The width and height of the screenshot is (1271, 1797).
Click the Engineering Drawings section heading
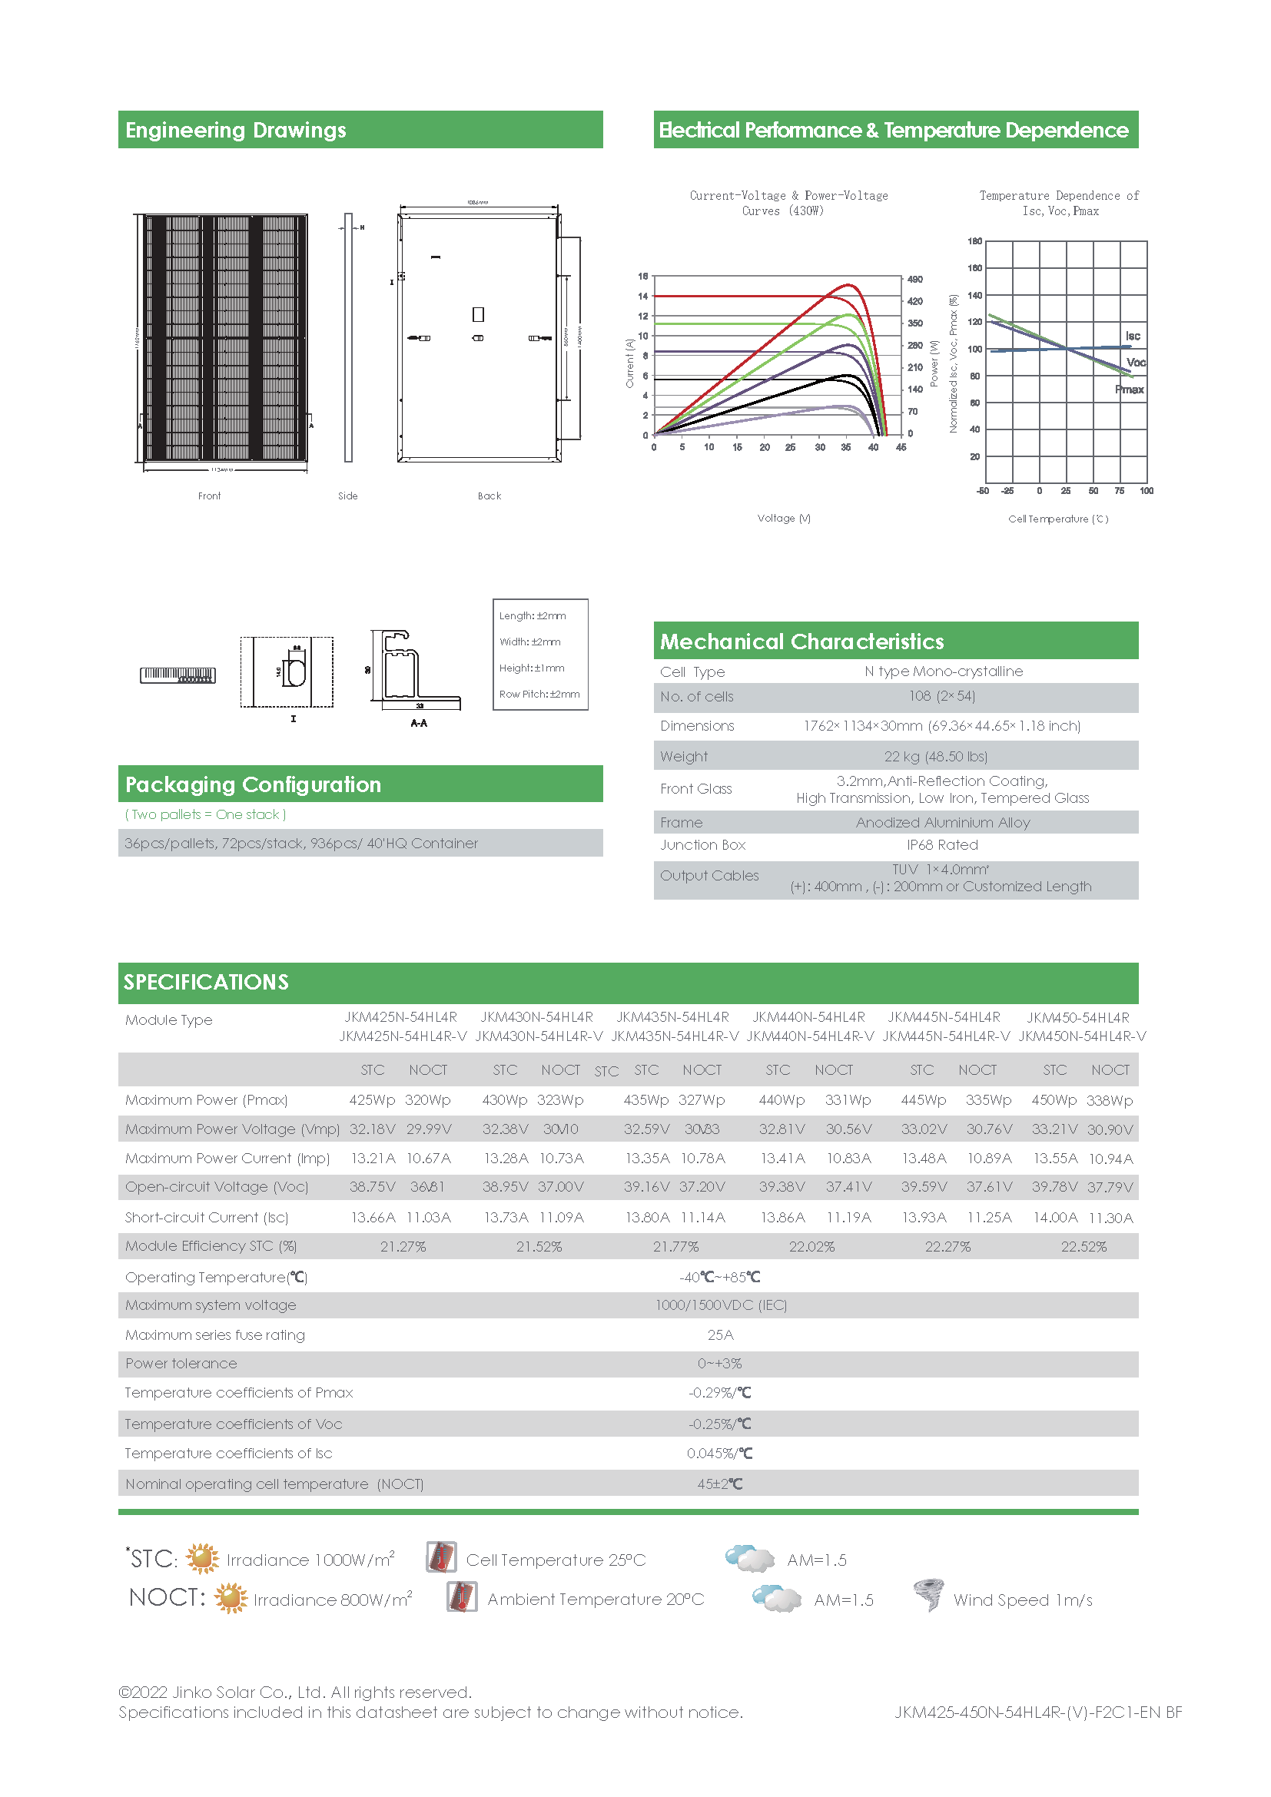(x=236, y=130)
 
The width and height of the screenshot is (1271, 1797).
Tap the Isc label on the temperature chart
(x=1133, y=336)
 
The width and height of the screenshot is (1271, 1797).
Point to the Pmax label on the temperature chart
(x=1130, y=389)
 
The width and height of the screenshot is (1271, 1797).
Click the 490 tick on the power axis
(x=915, y=280)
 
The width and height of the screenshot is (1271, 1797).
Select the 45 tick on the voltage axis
(x=901, y=448)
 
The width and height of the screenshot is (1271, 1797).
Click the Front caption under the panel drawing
(x=209, y=496)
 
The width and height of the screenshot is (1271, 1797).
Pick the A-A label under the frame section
(x=419, y=723)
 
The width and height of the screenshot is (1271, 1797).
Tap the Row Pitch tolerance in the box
(x=539, y=695)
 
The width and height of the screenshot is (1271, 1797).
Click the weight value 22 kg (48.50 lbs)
(x=935, y=756)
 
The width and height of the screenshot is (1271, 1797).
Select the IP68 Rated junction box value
(x=942, y=844)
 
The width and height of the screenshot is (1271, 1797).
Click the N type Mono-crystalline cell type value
(x=943, y=671)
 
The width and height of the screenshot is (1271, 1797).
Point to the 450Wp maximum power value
(x=1054, y=1099)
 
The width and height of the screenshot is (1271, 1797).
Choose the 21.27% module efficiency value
(x=403, y=1246)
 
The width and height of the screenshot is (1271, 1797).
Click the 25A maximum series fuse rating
(x=720, y=1334)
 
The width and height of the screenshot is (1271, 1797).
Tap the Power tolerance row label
(x=181, y=1364)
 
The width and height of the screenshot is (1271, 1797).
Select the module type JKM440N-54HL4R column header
(x=808, y=1016)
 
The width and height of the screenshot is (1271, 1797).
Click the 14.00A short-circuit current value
(x=1055, y=1218)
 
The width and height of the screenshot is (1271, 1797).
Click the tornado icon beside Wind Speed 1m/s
(x=929, y=1594)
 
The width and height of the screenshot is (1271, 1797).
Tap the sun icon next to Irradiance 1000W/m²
(x=203, y=1558)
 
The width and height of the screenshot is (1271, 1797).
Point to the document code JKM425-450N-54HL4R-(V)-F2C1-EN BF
(x=1037, y=1712)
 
